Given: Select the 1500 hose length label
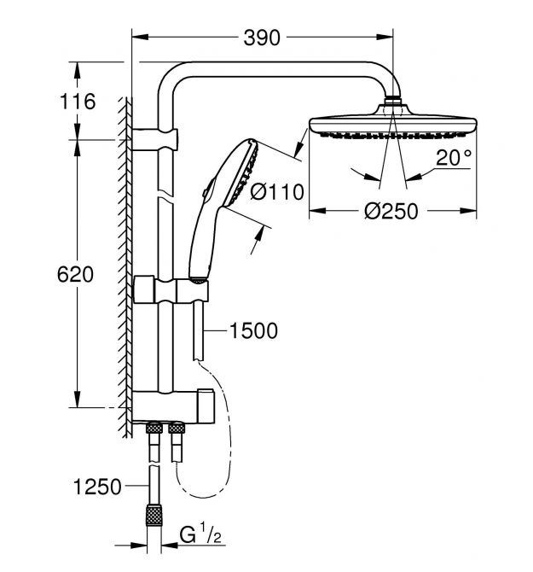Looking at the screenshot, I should [x=254, y=330].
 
